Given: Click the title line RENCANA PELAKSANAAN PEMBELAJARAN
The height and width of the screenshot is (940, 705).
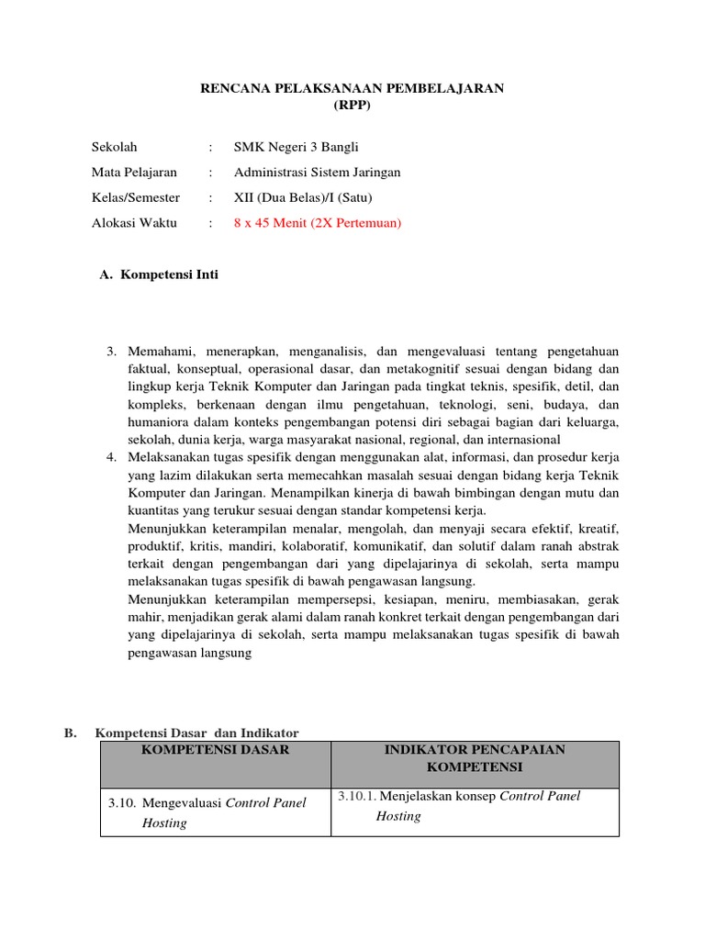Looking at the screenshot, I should [352, 87].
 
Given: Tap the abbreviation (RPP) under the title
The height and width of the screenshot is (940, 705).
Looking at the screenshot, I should [352, 105].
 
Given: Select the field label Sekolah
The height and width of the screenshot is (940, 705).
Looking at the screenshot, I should [114, 147].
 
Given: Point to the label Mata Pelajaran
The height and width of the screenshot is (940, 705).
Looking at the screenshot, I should [134, 172].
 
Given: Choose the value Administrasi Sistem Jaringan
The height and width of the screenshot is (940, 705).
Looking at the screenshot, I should [317, 172].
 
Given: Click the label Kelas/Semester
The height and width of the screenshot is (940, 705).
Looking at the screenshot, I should [136, 197].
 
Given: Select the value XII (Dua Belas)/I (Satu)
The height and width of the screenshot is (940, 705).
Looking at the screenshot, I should [303, 197].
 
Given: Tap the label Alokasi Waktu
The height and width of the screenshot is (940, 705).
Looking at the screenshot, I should [134, 222].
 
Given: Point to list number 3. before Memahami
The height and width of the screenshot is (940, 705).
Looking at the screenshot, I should [112, 352].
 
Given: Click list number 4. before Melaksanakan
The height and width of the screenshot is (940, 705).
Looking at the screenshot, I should [112, 457].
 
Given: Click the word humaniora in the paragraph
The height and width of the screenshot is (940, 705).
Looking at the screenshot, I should [156, 421].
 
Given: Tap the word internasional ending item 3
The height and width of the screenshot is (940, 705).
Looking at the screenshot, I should [518, 439].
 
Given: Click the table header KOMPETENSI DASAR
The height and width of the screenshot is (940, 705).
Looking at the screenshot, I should [216, 750].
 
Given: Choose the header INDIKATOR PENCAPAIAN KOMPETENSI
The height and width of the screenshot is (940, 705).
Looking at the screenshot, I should [474, 758].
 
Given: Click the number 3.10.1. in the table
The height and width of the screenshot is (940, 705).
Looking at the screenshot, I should [356, 796].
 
